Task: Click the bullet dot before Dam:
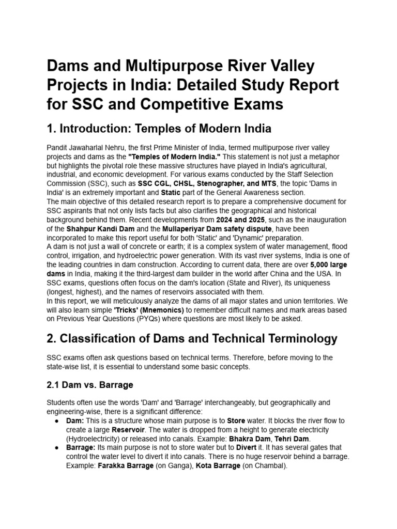point(56,421)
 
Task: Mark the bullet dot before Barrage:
point(56,447)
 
